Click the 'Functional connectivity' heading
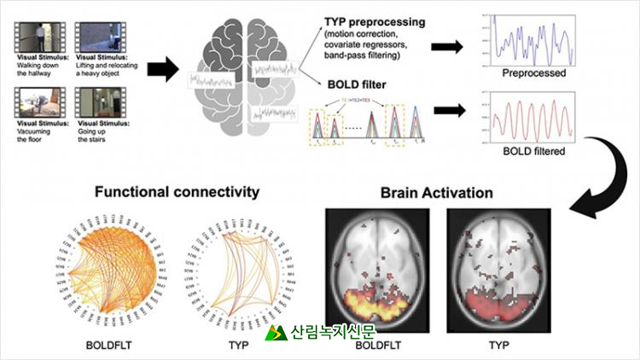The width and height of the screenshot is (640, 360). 177,192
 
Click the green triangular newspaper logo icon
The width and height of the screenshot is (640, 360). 276,333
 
